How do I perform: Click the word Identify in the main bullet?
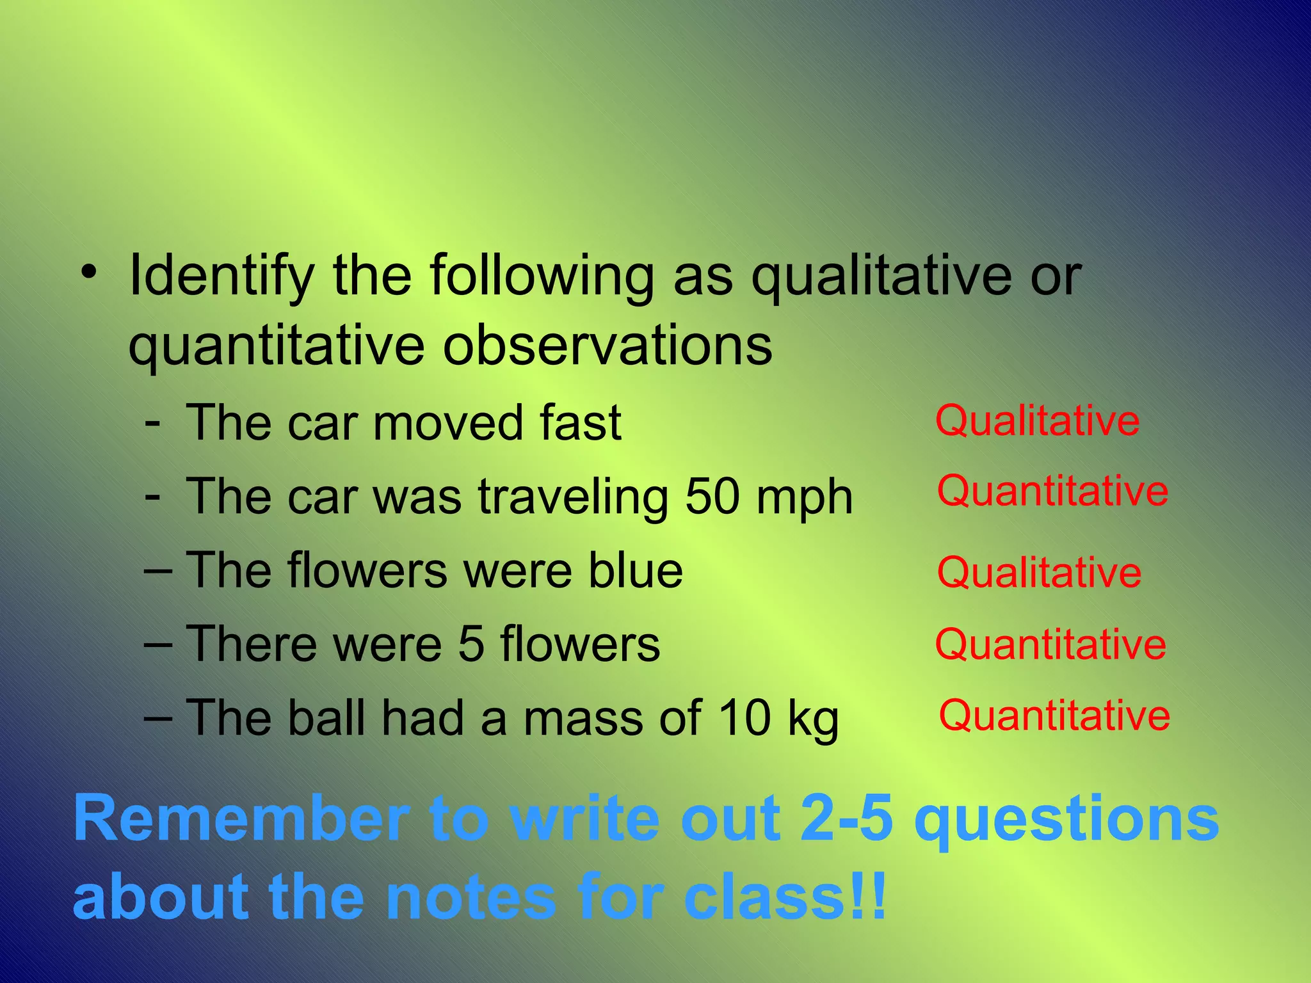point(221,276)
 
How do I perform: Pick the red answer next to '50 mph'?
point(1053,491)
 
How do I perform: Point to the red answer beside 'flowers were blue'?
point(1039,573)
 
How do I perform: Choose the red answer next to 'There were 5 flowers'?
point(1050,645)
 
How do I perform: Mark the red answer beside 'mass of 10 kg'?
point(1054,715)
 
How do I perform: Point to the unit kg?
point(813,719)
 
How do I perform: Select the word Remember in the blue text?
point(241,819)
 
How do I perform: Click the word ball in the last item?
point(326,717)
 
